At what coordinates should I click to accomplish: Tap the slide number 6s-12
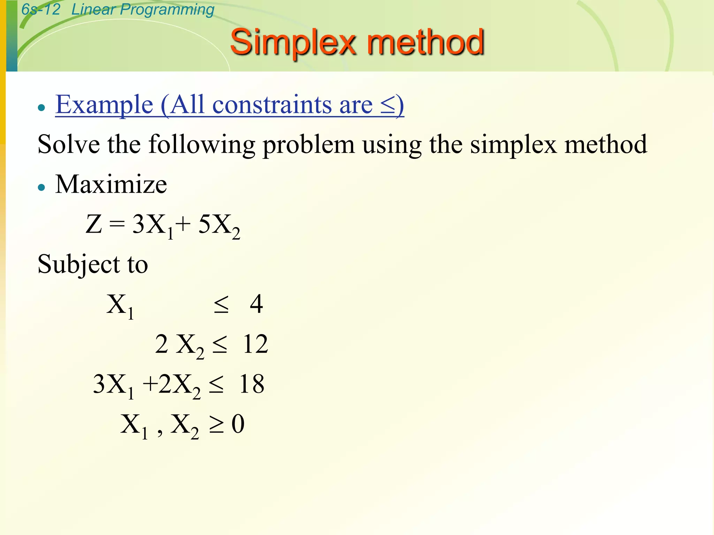[x=41, y=9]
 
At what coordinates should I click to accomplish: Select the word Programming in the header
[x=167, y=10]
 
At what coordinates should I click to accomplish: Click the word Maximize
[x=111, y=184]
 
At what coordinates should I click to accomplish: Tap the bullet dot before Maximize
[x=42, y=187]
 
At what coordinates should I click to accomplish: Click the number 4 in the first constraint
[x=256, y=304]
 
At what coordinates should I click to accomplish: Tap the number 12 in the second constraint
[x=256, y=344]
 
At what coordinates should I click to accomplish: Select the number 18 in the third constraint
[x=252, y=384]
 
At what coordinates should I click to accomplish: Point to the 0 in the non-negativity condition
[x=238, y=424]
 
